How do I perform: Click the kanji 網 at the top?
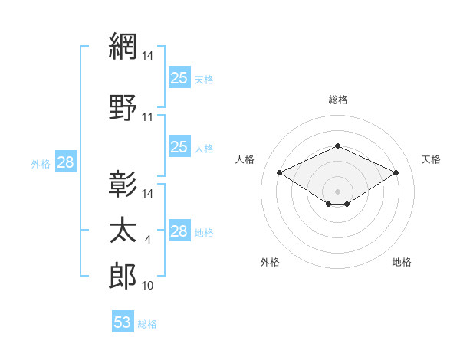(x=123, y=46)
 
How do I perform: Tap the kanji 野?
(x=123, y=107)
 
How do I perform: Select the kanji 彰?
(x=123, y=184)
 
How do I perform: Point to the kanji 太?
(x=123, y=230)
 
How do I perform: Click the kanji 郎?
(x=123, y=276)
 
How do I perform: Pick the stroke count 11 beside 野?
(x=147, y=117)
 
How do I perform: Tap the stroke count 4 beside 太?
(x=147, y=240)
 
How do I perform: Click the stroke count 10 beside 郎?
(x=147, y=286)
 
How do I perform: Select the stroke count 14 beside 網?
(x=147, y=56)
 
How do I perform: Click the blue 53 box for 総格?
(x=123, y=321)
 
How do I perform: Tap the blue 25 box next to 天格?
(x=180, y=77)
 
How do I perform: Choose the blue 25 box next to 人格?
(x=180, y=146)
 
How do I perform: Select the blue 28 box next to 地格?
(x=180, y=230)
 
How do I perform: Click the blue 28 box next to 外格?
(x=66, y=162)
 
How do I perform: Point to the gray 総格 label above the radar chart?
(x=338, y=100)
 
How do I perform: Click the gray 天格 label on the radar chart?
(x=431, y=159)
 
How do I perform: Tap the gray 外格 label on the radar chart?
(x=270, y=262)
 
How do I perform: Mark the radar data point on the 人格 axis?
(x=279, y=172)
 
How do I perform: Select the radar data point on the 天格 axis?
(x=396, y=172)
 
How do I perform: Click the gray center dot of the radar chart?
(x=337, y=191)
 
